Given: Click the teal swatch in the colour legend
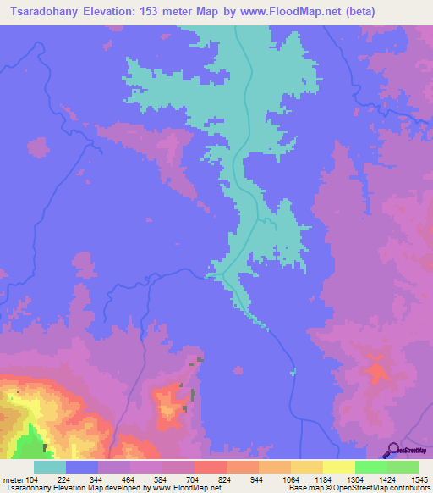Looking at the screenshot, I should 50,467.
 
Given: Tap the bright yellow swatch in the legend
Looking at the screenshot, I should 339,467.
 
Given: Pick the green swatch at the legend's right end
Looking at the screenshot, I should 403,467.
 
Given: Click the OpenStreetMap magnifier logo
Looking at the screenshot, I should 392,449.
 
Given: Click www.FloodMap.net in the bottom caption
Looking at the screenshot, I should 184,487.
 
